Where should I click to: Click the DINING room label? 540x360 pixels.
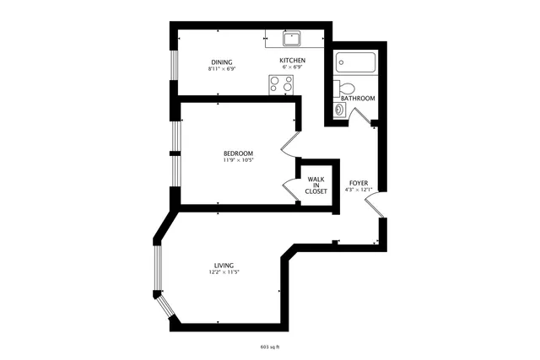point(222,62)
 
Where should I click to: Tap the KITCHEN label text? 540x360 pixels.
point(292,61)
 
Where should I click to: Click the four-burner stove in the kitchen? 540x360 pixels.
point(281,84)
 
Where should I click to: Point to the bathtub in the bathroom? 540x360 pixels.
point(354,62)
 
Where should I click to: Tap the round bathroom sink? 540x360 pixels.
point(339,109)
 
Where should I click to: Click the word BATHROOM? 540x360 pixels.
point(358,99)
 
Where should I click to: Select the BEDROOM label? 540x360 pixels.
point(238,153)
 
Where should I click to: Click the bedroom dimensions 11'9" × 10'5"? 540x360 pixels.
point(238,160)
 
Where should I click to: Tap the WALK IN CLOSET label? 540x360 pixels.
point(316,185)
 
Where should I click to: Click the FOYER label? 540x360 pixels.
point(359,182)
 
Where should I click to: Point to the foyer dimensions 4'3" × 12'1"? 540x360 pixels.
point(359,190)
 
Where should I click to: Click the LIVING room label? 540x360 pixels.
point(224,265)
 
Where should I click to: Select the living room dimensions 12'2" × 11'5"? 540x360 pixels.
point(224,272)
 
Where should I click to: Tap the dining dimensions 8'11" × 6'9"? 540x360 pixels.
point(222,69)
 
